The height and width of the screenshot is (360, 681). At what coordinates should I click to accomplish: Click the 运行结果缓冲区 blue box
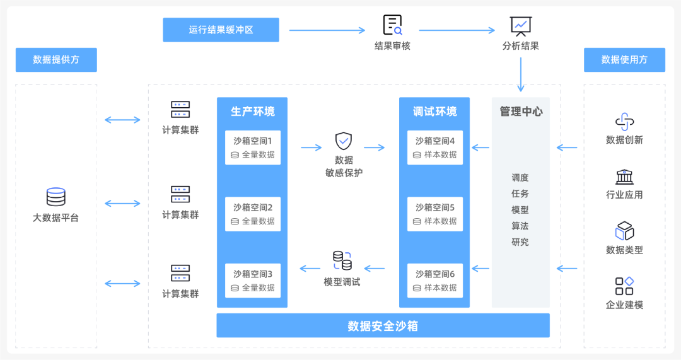point(221,30)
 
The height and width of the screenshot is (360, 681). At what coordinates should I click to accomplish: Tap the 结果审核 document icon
point(392,25)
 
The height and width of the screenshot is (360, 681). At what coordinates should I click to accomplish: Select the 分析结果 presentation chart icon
point(521,26)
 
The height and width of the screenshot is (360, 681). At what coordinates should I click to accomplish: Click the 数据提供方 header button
point(56,60)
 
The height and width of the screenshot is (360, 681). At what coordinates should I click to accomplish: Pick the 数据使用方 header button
point(624,60)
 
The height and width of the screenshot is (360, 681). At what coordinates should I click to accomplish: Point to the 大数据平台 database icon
point(55,197)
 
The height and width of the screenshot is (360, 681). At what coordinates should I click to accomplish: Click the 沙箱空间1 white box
point(252,148)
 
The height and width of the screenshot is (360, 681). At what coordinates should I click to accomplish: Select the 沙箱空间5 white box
point(434,214)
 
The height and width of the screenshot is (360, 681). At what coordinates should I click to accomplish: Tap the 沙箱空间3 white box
point(252,281)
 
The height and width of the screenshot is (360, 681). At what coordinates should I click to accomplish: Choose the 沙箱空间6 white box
point(434,281)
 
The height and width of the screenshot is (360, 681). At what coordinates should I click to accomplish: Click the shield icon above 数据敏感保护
point(343,141)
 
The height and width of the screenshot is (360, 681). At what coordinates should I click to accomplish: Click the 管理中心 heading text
point(521,112)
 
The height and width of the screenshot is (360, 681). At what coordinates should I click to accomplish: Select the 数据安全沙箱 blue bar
point(383,326)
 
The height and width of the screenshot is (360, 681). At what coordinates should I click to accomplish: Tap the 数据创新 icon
point(624,122)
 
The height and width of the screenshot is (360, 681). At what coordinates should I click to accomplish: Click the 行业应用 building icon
point(624,177)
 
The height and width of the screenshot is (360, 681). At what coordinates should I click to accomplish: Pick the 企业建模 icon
point(624,286)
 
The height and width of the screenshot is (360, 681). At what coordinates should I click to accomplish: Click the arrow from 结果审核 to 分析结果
point(457,30)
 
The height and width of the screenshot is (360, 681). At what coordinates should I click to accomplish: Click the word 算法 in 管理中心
point(520,226)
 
